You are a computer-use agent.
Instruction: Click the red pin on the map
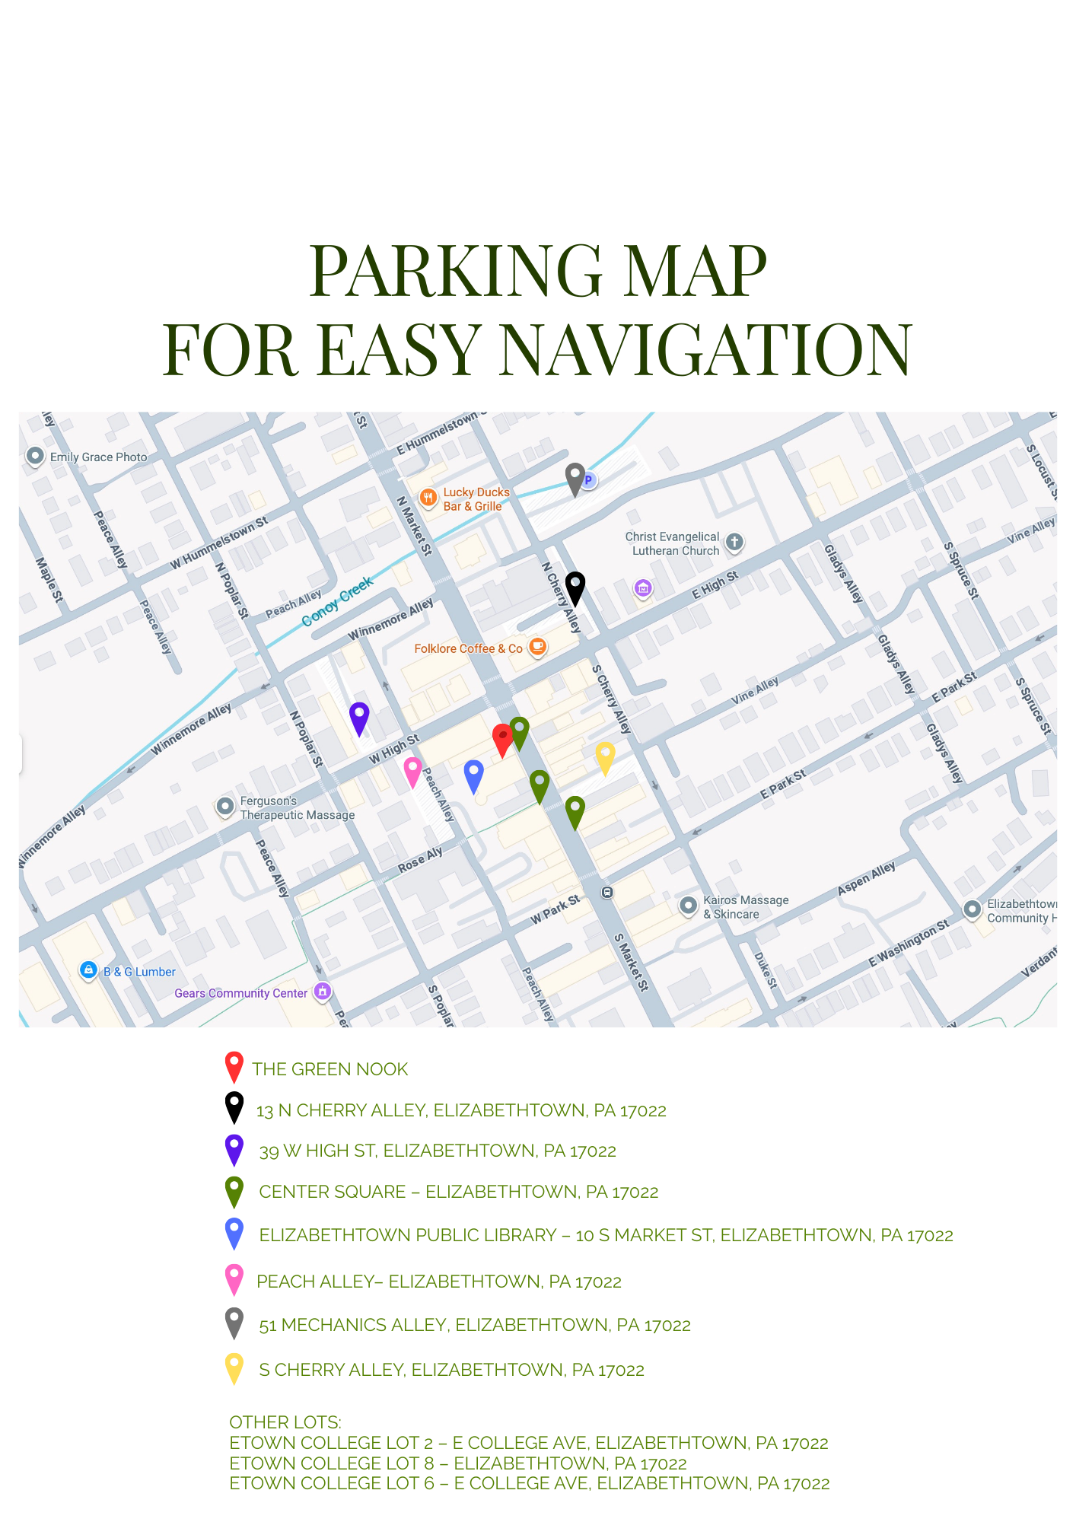pos(502,739)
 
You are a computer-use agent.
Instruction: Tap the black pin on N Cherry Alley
pos(575,587)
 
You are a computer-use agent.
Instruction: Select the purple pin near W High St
pos(359,718)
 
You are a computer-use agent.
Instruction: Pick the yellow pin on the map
pos(605,757)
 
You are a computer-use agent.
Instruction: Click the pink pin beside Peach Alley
pos(412,771)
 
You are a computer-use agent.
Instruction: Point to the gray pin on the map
pos(575,478)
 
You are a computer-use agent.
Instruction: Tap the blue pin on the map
pos(473,775)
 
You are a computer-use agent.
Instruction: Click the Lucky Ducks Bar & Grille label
pos(476,499)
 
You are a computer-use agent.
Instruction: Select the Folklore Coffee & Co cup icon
pos(537,647)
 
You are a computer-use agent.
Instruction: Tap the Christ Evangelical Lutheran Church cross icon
pos(734,543)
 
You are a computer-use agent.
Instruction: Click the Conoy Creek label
pos(337,602)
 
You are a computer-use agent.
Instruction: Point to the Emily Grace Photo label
pos(98,457)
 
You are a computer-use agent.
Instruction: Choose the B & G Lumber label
pos(139,972)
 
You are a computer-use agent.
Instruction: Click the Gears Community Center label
pos(240,993)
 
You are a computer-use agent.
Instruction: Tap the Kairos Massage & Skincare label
pos(745,907)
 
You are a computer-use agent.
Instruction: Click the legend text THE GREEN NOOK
pos(329,1069)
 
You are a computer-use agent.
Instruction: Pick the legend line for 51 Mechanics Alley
pos(474,1326)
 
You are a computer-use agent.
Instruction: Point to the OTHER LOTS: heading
pos(285,1422)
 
